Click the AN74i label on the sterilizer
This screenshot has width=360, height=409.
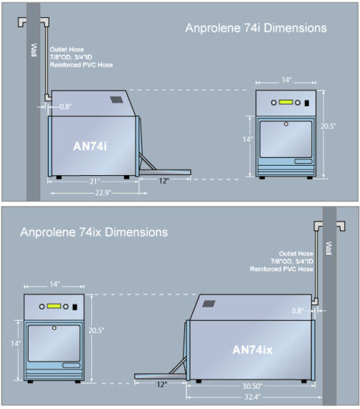coord(90,146)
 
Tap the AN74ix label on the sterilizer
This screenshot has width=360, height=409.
coord(252,349)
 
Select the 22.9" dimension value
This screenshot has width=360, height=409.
coord(103,193)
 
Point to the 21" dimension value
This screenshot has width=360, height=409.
coord(95,182)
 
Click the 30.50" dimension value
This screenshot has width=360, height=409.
coord(252,386)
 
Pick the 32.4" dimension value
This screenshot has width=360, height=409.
coord(252,397)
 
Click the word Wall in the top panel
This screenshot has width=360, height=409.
coord(34,50)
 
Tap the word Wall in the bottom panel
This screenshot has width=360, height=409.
coord(329,248)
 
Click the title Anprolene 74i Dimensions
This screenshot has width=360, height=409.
coord(256,28)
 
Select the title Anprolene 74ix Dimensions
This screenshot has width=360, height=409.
coord(94,232)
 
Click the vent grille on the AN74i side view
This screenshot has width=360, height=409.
coord(116,100)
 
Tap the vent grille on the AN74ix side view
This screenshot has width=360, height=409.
coord(209,304)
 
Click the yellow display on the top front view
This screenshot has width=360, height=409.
coord(285,102)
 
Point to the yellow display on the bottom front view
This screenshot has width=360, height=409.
coord(54,306)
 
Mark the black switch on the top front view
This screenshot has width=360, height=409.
coord(307,103)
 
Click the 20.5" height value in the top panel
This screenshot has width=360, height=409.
coord(328,126)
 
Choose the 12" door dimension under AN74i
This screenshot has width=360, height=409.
coord(164,181)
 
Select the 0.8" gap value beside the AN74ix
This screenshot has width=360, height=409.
coord(298,311)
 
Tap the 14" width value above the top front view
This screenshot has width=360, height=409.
coord(286,80)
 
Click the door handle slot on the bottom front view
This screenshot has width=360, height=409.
coord(71,365)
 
